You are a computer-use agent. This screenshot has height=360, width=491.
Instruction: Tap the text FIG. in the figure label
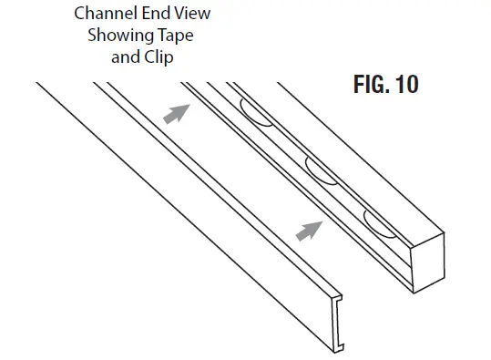(x=371, y=86)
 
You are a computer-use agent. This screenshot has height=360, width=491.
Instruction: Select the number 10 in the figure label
(x=404, y=86)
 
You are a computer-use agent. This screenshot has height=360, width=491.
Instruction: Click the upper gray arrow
(x=176, y=113)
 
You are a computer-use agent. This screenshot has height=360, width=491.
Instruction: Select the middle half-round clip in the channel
(x=319, y=170)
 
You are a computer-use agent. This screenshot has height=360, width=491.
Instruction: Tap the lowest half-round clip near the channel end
(x=379, y=221)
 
